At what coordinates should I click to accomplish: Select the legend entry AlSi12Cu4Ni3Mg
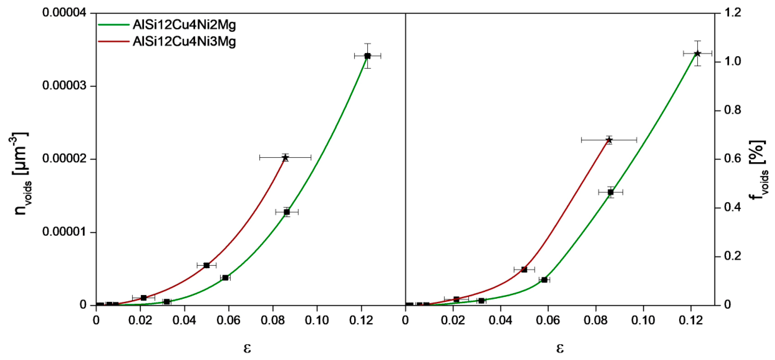[x=184, y=42]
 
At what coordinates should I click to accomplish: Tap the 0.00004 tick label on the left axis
[x=64, y=13]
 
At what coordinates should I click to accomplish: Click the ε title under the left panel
[x=247, y=348]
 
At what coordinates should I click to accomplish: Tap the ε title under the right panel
[x=559, y=348]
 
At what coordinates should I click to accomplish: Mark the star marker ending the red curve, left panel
[x=285, y=157]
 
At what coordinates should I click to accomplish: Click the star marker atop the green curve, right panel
[x=697, y=53]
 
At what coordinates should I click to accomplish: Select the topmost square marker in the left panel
[x=367, y=56]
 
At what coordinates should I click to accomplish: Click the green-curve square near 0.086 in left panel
[x=287, y=212]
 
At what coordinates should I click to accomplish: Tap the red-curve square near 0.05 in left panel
[x=206, y=265]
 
